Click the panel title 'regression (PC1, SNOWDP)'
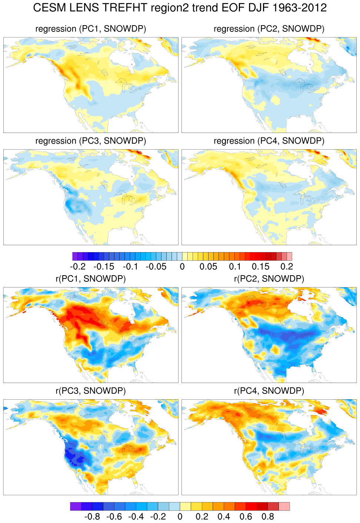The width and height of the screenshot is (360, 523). (x=91, y=29)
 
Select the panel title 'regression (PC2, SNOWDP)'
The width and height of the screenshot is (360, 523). (x=269, y=29)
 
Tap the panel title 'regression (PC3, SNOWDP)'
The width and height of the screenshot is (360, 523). (x=91, y=141)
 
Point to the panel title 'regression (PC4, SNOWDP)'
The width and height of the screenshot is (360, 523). (x=269, y=141)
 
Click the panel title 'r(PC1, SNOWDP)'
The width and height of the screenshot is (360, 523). (x=91, y=279)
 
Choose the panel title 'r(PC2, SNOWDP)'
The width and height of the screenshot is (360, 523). (x=269, y=279)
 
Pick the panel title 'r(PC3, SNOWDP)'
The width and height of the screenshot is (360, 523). (x=91, y=391)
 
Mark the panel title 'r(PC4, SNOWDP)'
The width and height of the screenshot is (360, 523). (x=269, y=391)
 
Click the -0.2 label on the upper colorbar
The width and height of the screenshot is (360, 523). (x=78, y=267)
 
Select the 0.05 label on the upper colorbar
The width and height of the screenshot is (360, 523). (x=208, y=267)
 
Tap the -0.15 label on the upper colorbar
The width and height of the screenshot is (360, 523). (x=104, y=267)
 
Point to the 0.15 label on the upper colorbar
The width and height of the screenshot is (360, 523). (x=260, y=267)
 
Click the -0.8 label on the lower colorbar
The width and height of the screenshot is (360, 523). (x=92, y=517)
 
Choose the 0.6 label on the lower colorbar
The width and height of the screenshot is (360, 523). (x=246, y=517)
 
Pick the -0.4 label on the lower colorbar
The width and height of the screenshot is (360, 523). (x=136, y=517)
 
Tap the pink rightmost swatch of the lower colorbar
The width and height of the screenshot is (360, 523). (x=284, y=506)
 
